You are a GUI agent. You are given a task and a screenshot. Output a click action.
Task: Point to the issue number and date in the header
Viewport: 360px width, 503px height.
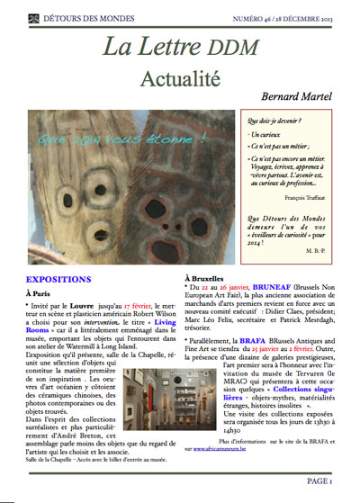coord(294,17)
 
